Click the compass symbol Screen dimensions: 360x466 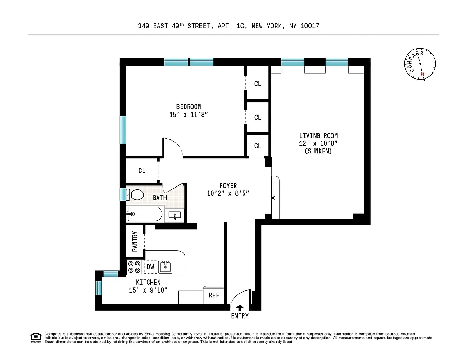point(421,66)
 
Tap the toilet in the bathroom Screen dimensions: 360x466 point(135,194)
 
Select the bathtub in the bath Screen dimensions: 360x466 point(144,214)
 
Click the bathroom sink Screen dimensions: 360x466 point(174,216)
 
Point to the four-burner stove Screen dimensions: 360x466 point(134,267)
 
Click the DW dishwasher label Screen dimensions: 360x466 point(150,267)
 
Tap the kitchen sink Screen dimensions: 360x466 point(166,267)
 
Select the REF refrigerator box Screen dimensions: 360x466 point(214,295)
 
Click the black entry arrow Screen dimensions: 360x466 point(240,308)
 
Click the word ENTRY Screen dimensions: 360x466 point(240,316)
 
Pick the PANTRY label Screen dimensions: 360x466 point(135,241)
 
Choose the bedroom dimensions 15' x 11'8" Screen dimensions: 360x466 point(188,115)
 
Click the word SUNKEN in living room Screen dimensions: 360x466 point(318,151)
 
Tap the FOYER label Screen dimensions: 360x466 point(228,185)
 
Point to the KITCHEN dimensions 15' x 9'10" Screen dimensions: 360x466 point(149,290)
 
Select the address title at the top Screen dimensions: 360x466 point(228,26)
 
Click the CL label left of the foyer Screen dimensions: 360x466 point(142,171)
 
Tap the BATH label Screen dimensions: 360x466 point(159,198)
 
